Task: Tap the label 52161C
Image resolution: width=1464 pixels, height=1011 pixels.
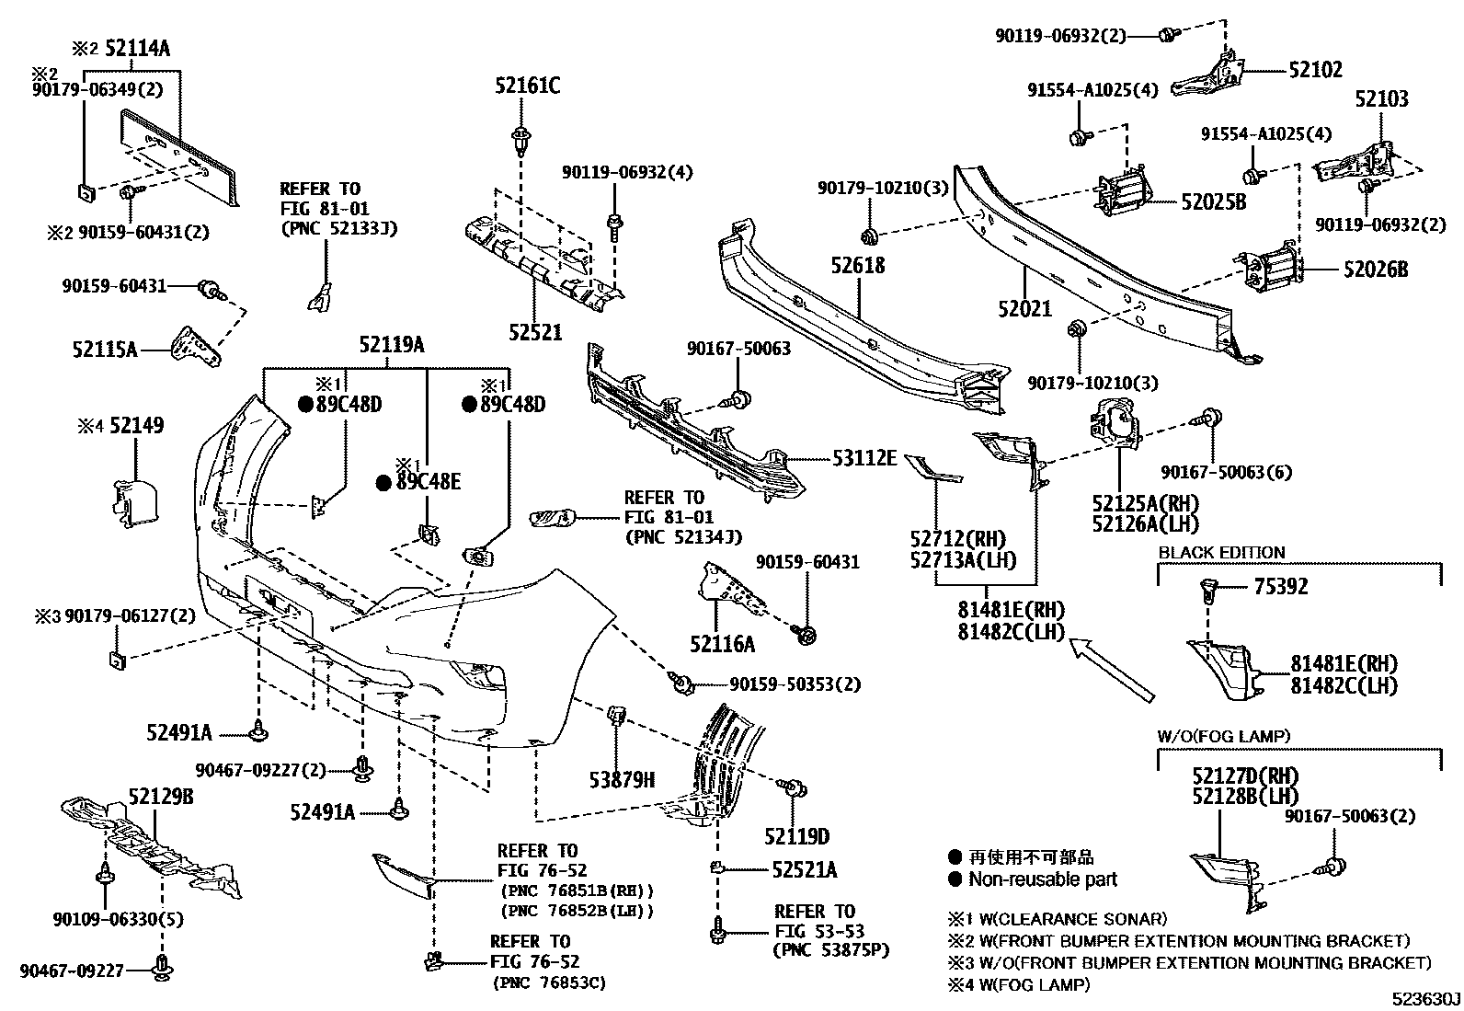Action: [x=524, y=87]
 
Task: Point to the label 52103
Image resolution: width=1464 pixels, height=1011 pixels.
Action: [x=1381, y=99]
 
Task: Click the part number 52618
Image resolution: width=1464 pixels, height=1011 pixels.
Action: [x=857, y=266]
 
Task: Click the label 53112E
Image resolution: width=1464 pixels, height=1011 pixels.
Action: [x=864, y=457]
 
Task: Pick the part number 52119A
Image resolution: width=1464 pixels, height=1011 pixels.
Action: [x=392, y=346]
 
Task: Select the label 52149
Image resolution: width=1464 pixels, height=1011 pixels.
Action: [x=136, y=426]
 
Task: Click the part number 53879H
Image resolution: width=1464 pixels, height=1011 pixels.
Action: [x=622, y=781]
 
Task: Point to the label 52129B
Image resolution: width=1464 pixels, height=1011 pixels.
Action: [x=161, y=797]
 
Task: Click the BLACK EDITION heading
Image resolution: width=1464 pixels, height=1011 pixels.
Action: [x=1221, y=553]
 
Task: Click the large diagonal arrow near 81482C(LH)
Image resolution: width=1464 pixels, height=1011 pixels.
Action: [x=1112, y=665]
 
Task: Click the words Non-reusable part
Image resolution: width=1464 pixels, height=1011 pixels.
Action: [x=1043, y=879]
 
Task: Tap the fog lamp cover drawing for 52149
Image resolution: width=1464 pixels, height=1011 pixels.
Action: [x=134, y=504]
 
